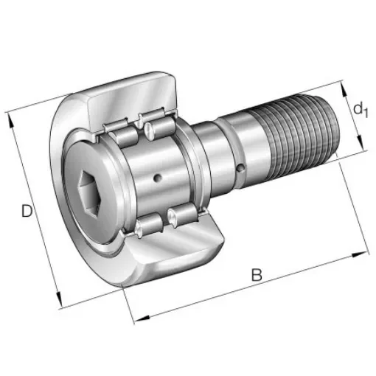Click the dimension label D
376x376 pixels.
coord(27,212)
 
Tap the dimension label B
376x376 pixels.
coord(256,275)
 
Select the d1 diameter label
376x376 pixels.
coord(359,110)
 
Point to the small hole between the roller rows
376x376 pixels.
coord(157,177)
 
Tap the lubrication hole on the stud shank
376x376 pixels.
coord(242,170)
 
